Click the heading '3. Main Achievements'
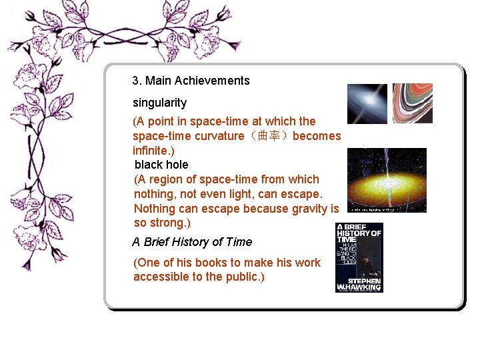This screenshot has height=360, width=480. pos(191,81)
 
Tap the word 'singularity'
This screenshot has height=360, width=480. pos(159,103)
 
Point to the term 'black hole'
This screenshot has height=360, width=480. pos(161,165)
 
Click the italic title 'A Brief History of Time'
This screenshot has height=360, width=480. pos(192,242)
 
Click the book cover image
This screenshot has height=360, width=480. pos(359,257)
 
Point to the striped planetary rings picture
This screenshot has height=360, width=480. pos(412,103)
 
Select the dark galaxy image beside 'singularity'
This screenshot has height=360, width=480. pos(367,103)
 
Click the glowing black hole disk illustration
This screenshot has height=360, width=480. pos(387,180)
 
